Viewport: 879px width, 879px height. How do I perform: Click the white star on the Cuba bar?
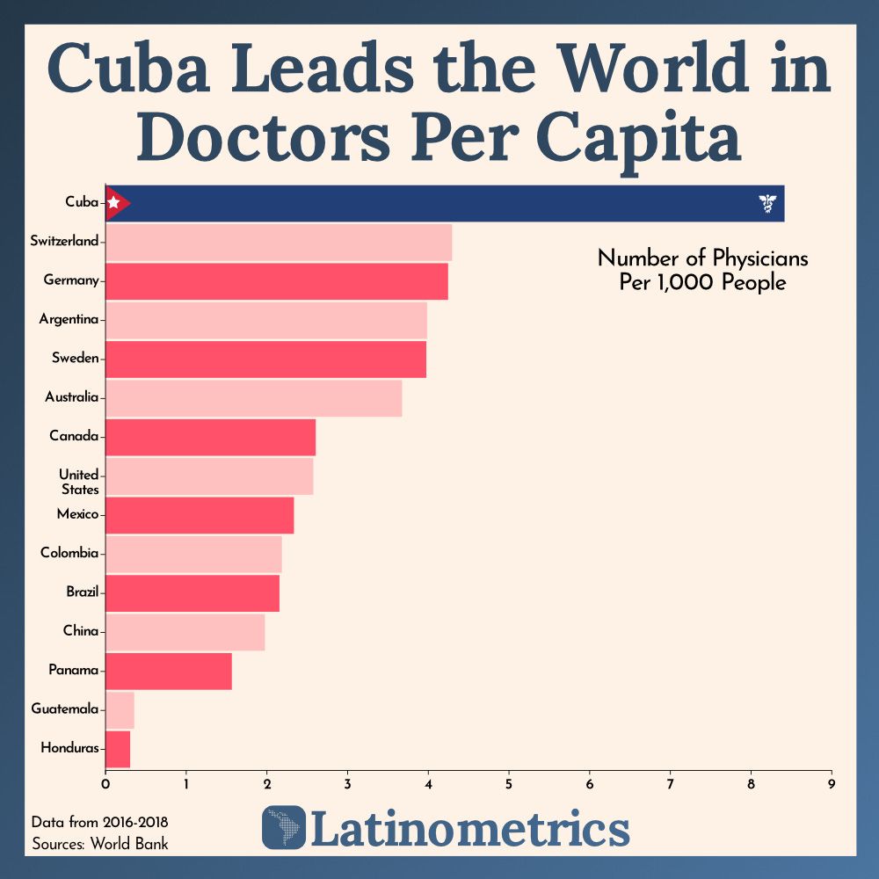pyautogui.click(x=113, y=203)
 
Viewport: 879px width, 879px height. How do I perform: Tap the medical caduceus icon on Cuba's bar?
pyautogui.click(x=767, y=205)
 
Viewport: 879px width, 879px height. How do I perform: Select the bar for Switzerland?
pyautogui.click(x=279, y=242)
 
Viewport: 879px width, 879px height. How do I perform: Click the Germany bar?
pyautogui.click(x=276, y=280)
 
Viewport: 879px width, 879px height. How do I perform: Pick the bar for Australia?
pyautogui.click(x=253, y=397)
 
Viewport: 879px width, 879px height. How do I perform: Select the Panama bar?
pyautogui.click(x=168, y=671)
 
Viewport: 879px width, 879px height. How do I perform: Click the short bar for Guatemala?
pyautogui.click(x=120, y=708)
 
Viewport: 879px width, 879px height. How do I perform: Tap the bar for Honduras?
pyautogui.click(x=118, y=748)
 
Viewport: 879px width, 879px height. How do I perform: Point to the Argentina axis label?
pyautogui.click(x=69, y=319)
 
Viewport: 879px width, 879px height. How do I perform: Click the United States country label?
pyautogui.click(x=79, y=482)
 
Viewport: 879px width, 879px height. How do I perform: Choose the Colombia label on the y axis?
pyautogui.click(x=69, y=553)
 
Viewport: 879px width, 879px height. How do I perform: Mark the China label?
pyautogui.click(x=80, y=630)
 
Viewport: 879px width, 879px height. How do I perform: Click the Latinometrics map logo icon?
pyautogui.click(x=284, y=827)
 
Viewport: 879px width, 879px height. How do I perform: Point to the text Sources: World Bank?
pyautogui.click(x=99, y=843)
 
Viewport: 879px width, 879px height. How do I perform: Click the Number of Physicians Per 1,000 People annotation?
pyautogui.click(x=702, y=271)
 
